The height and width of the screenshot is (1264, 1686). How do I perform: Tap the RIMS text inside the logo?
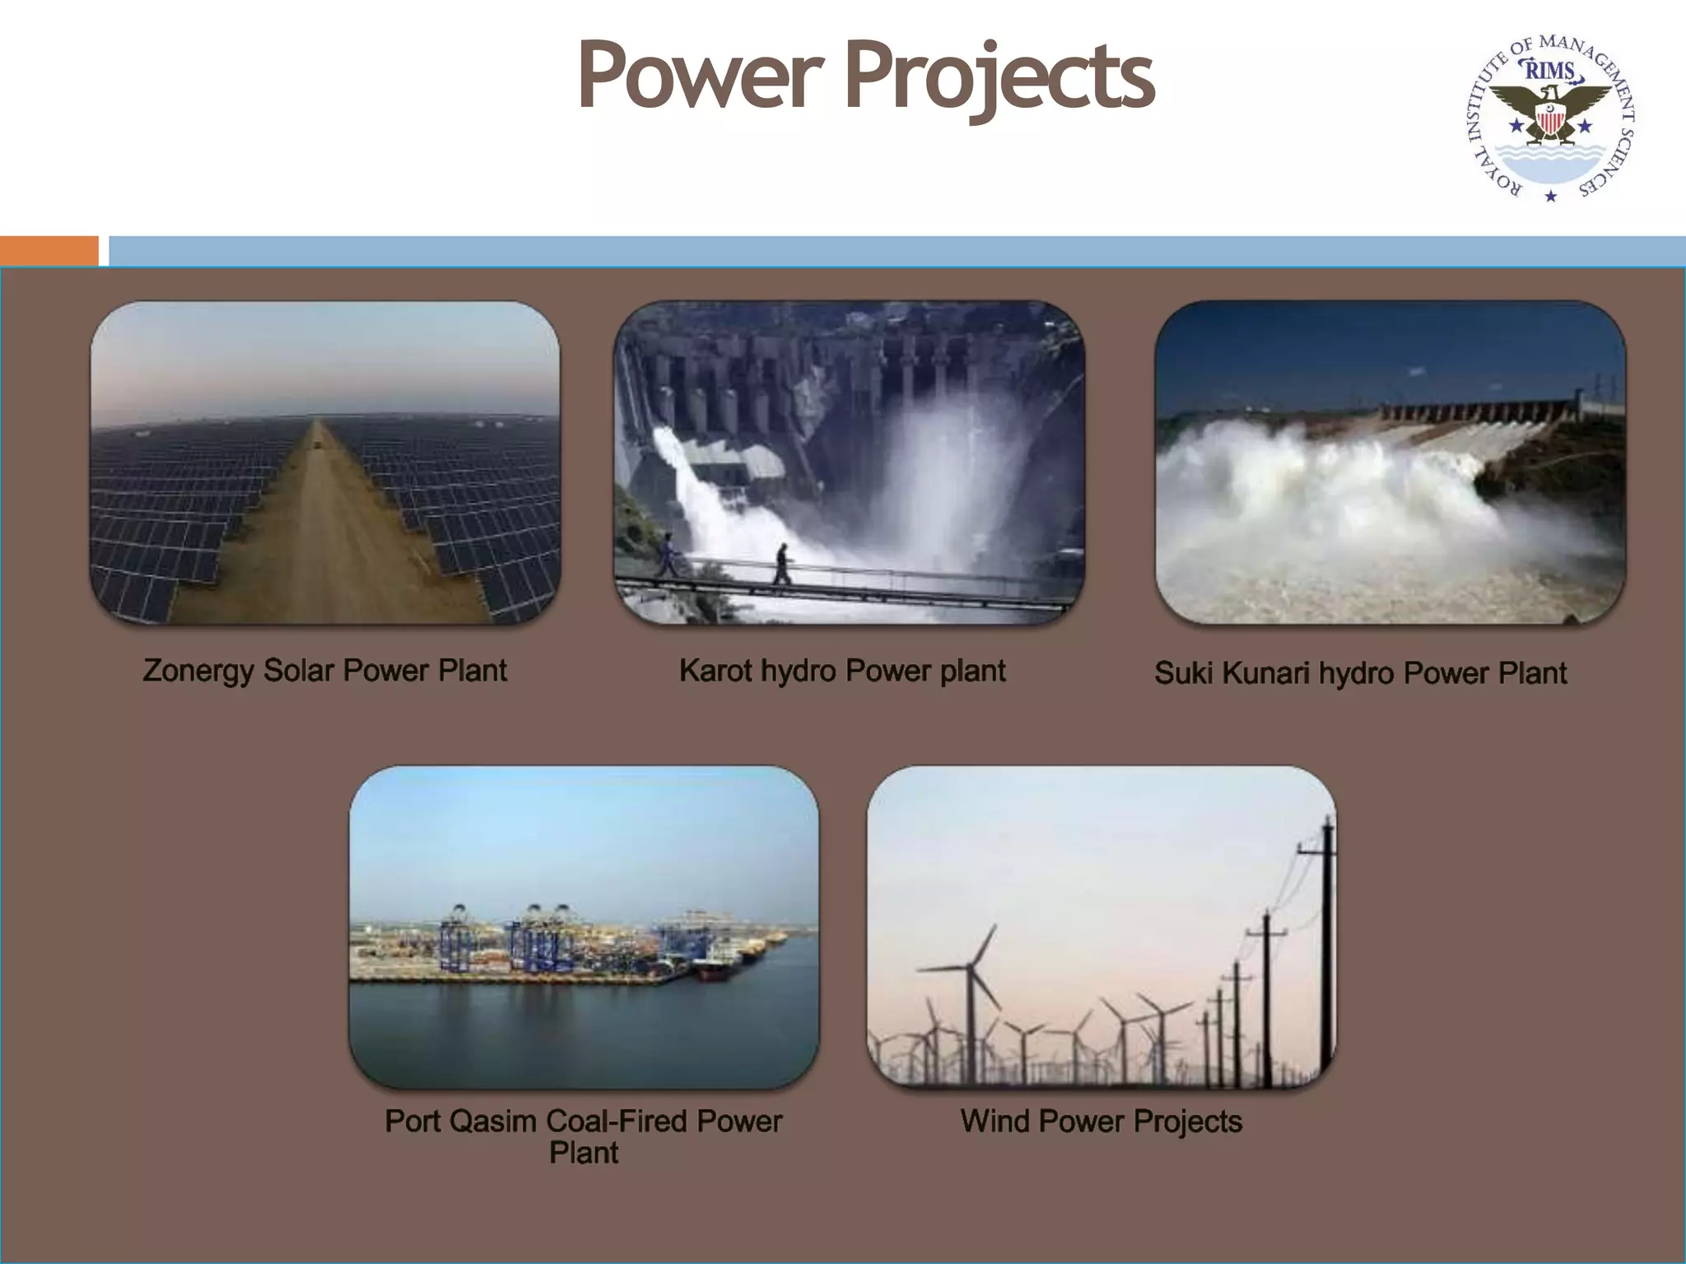tap(1550, 71)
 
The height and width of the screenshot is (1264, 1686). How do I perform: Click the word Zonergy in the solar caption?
tap(198, 671)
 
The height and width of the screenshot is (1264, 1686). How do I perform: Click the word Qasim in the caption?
tap(493, 1121)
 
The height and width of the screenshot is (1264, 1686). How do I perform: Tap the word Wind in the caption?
tap(994, 1121)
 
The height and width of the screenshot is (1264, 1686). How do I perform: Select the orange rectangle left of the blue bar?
tap(49, 250)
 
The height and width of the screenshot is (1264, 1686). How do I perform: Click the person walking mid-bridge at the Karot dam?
tap(781, 564)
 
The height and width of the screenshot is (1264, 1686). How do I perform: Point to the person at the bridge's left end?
tap(667, 555)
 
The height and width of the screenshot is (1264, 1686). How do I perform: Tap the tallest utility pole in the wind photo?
tap(1326, 946)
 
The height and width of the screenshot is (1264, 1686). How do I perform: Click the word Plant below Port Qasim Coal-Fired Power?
tap(583, 1153)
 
